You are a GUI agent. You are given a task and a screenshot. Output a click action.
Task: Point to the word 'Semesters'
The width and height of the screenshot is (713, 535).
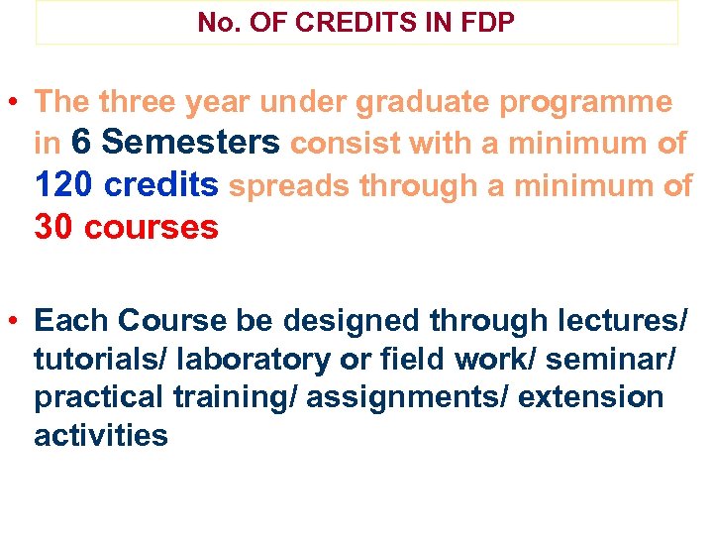191,144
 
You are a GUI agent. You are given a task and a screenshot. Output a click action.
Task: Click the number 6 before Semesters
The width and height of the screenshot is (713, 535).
82,144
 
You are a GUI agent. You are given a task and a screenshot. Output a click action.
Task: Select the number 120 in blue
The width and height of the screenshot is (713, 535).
64,185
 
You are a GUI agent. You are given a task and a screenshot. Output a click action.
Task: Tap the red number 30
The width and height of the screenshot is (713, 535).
55,228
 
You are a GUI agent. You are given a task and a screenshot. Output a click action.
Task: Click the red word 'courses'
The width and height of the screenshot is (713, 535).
152,228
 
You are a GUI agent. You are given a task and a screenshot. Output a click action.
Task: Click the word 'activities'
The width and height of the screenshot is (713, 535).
101,436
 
